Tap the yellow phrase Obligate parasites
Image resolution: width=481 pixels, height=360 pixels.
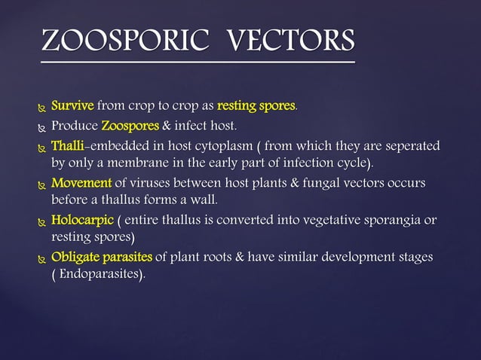[102, 258]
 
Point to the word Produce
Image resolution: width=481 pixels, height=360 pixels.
[74, 125]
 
